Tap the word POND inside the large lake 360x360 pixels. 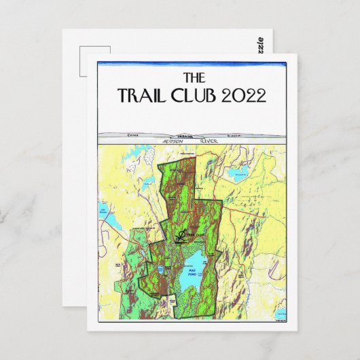pos(193,275)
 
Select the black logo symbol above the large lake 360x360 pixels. pos(181,235)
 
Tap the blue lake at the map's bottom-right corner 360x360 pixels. pos(280,313)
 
